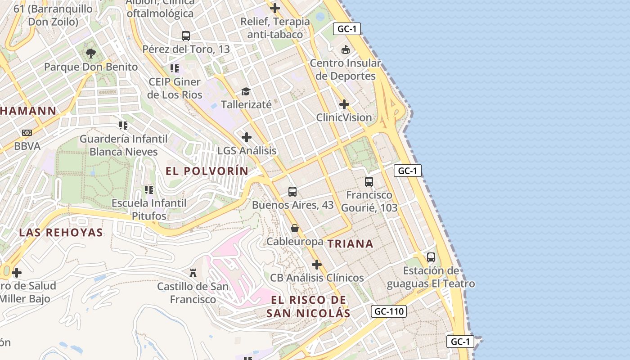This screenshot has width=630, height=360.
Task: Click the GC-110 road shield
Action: click(389, 311)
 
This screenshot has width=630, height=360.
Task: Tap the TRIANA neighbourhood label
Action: click(350, 244)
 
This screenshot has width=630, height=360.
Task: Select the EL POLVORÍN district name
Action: click(207, 171)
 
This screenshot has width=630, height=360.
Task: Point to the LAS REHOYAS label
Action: click(61, 233)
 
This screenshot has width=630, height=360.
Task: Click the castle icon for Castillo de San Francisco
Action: click(193, 273)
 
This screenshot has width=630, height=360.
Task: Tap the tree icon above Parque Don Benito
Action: click(90, 54)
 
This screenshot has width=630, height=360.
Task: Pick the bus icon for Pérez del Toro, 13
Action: click(186, 36)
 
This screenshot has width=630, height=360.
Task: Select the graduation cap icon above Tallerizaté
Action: click(246, 91)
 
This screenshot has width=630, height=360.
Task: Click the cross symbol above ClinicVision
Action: click(344, 105)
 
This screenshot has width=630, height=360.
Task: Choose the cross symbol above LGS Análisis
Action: click(247, 137)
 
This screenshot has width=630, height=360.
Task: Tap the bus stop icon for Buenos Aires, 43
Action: click(292, 192)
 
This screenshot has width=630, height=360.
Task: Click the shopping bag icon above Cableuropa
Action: click(295, 228)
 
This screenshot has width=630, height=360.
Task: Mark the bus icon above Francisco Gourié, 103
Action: click(369, 182)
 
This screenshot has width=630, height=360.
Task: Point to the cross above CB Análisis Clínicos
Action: click(317, 265)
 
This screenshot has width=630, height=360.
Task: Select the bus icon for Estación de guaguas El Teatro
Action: click(431, 257)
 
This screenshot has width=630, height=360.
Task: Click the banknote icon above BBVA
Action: click(27, 133)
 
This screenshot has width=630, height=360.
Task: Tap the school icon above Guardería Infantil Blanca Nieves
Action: click(123, 125)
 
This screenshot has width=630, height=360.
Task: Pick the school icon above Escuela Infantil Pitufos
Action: click(149, 190)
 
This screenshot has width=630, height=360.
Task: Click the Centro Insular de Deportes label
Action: click(345, 70)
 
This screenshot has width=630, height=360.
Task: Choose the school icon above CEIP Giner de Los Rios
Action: click(175, 68)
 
